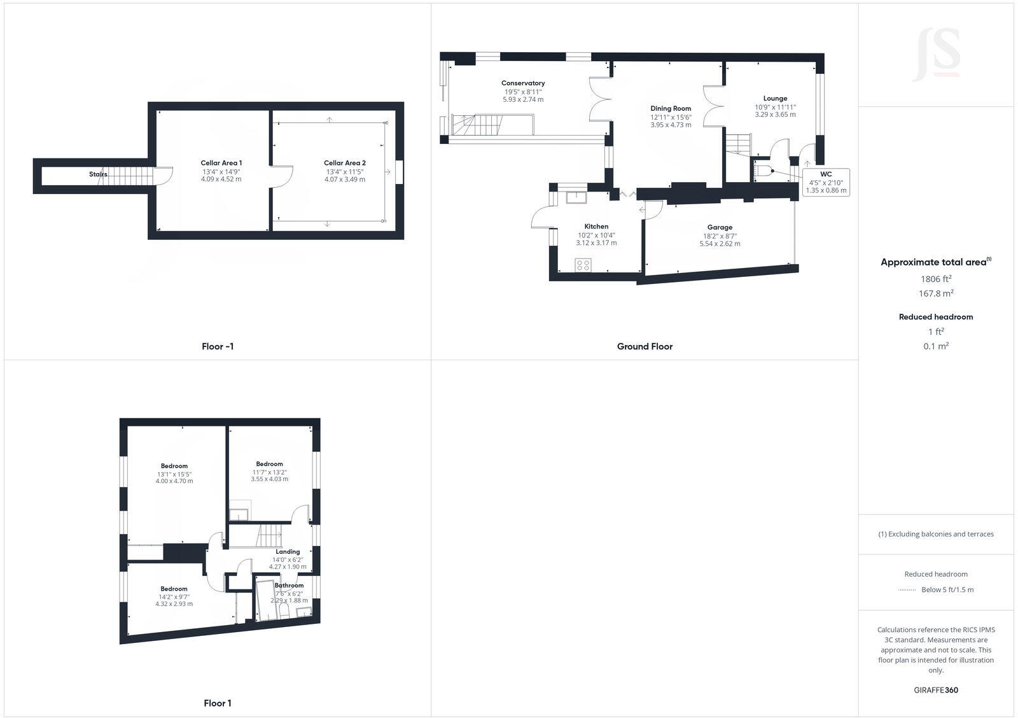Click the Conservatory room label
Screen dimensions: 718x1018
click(523, 83)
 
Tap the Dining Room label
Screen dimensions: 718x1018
click(671, 108)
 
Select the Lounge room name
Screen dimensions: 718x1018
click(775, 99)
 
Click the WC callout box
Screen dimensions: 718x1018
click(826, 182)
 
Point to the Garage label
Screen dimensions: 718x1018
click(720, 227)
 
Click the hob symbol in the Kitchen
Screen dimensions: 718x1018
click(583, 265)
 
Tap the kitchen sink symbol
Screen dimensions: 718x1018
click(576, 196)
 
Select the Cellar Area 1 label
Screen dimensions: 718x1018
click(221, 163)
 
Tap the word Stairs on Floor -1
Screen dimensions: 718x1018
click(98, 174)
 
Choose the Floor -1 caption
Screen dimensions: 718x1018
click(218, 347)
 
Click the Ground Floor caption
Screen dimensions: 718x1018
click(645, 347)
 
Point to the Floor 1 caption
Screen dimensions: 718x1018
click(218, 703)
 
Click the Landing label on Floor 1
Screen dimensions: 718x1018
click(288, 552)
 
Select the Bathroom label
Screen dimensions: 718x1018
click(289, 585)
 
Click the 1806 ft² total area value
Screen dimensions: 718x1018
click(936, 279)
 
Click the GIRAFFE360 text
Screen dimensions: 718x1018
click(936, 690)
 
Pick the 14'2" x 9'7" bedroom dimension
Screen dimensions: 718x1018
click(174, 597)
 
